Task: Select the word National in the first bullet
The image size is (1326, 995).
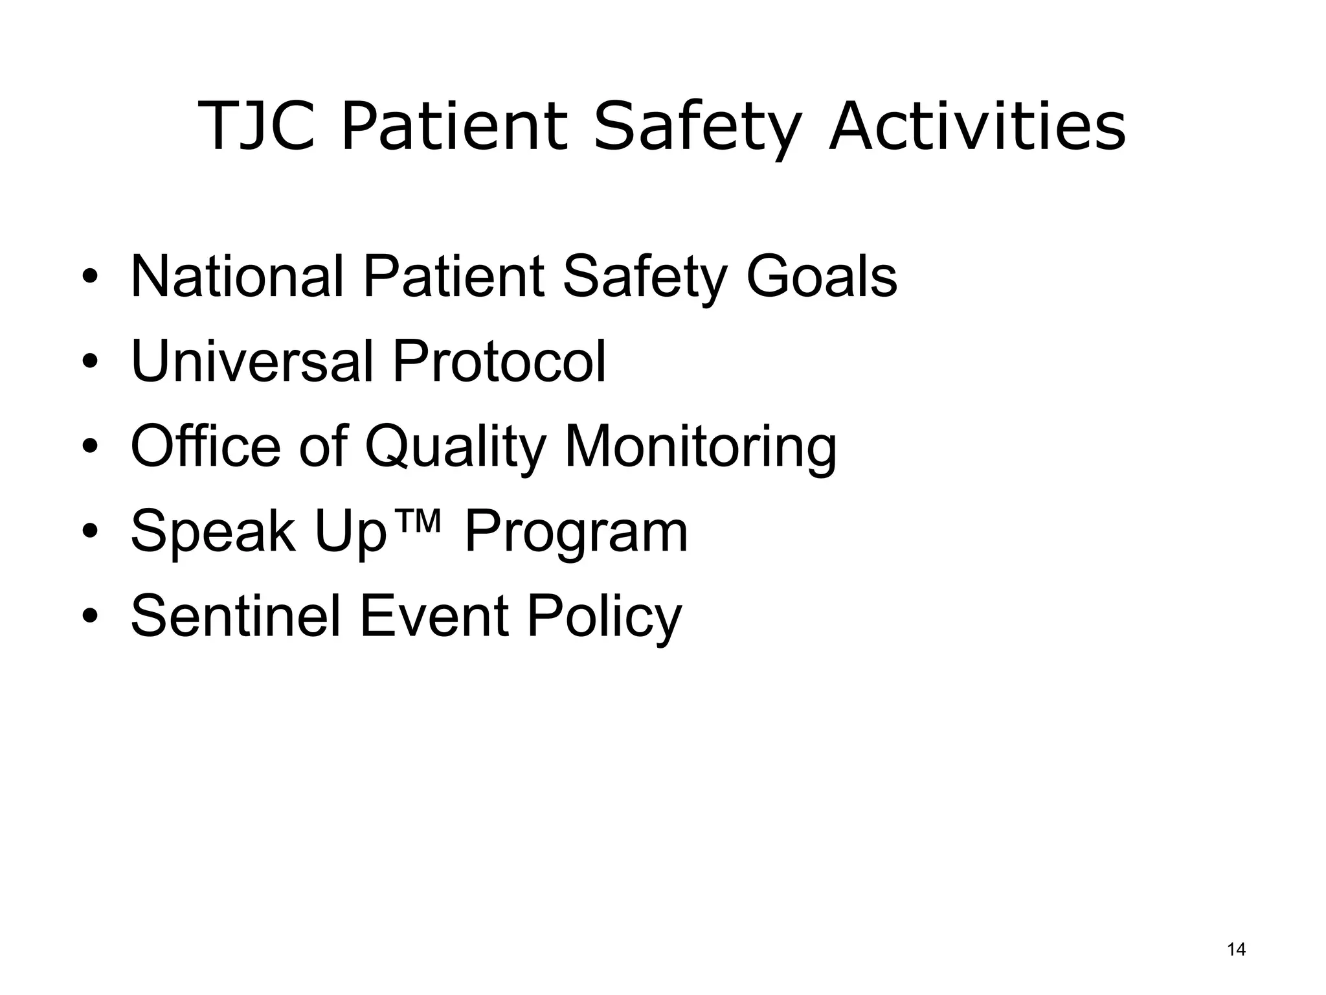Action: (236, 277)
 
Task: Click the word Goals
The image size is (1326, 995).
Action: (821, 277)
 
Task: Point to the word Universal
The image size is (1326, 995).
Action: (252, 361)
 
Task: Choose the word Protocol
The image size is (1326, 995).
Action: (499, 361)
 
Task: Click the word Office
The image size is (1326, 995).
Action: (205, 446)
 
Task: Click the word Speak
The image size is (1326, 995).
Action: (213, 532)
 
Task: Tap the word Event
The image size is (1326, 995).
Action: (434, 616)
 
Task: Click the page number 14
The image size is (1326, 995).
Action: (1236, 950)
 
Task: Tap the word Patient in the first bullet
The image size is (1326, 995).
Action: (453, 277)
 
